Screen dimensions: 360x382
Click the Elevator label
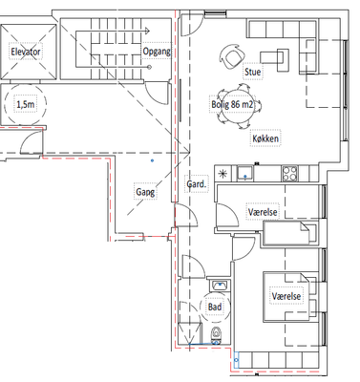(x=26, y=52)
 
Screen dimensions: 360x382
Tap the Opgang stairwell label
(x=157, y=52)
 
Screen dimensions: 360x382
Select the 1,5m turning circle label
(x=26, y=104)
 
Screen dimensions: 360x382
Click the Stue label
(x=253, y=72)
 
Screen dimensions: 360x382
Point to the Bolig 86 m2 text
(x=232, y=104)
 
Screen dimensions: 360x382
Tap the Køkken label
(x=265, y=138)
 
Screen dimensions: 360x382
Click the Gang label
(x=145, y=192)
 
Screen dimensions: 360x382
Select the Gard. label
(x=197, y=184)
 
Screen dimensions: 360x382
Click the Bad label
(x=215, y=307)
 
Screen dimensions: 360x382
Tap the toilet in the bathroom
(x=216, y=335)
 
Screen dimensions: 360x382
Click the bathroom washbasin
(x=220, y=286)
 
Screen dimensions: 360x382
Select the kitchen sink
(x=245, y=174)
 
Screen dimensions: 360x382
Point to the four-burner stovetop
(x=289, y=174)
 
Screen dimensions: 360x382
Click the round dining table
(x=238, y=105)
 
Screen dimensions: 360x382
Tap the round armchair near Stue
(x=232, y=56)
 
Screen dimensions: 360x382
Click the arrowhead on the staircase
(x=147, y=31)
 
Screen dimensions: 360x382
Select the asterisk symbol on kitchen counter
(x=222, y=174)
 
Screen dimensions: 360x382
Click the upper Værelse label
(x=263, y=212)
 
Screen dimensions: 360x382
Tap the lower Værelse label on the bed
(x=286, y=296)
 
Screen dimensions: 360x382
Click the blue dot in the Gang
(x=153, y=160)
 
